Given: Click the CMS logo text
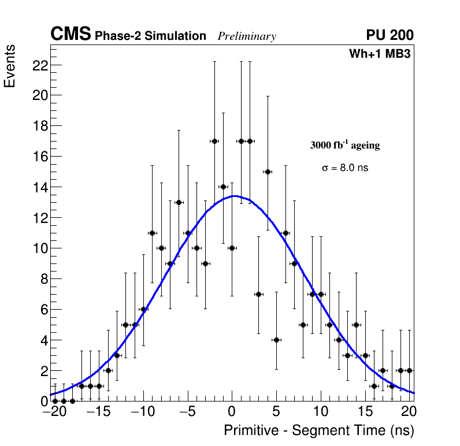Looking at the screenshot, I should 71,35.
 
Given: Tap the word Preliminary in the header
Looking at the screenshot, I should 247,36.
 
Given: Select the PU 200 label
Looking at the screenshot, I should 389,35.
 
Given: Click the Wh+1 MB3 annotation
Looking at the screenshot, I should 380,54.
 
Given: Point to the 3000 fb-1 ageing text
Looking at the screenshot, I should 345,146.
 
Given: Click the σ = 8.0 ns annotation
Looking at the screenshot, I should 345,168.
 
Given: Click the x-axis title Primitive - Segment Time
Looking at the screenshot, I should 319,430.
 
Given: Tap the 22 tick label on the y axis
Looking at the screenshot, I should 39,65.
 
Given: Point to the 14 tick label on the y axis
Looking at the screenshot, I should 39,187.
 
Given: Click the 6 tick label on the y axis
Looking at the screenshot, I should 42,309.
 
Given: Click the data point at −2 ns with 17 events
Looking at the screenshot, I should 214,141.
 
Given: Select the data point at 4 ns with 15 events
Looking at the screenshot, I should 268,172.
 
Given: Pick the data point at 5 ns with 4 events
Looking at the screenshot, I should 276,340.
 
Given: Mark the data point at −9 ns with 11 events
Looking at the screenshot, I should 152,233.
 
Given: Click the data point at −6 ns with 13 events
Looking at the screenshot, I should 179,202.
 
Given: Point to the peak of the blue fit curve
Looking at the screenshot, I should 233,196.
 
